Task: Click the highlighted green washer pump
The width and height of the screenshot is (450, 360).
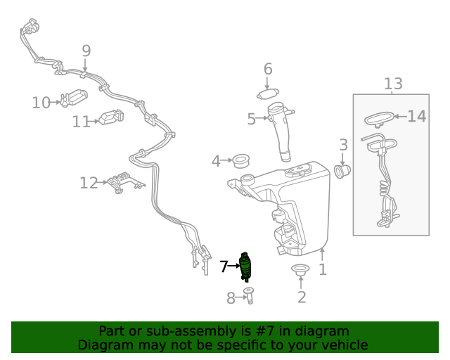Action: pyautogui.click(x=245, y=267)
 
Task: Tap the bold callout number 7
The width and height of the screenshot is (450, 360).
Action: pyautogui.click(x=224, y=266)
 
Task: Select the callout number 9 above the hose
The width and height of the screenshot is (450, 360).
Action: pyautogui.click(x=86, y=51)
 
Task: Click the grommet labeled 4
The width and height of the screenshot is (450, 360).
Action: pyautogui.click(x=240, y=161)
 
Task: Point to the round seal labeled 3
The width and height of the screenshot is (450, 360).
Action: pyautogui.click(x=342, y=171)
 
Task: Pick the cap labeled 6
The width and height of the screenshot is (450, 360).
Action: pyautogui.click(x=268, y=94)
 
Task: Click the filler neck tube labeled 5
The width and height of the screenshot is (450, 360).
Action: pyautogui.click(x=280, y=131)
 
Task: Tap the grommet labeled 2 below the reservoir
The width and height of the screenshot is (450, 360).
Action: pyautogui.click(x=300, y=269)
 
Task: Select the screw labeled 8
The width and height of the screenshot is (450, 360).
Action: pyautogui.click(x=248, y=295)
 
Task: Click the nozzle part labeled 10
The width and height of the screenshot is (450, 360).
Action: pyautogui.click(x=74, y=98)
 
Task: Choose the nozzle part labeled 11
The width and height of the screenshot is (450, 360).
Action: pyautogui.click(x=111, y=117)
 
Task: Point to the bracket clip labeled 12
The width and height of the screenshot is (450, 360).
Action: pyautogui.click(x=125, y=182)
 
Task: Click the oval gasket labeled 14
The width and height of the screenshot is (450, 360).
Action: pyautogui.click(x=379, y=119)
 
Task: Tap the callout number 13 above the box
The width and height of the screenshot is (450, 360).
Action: pyautogui.click(x=393, y=84)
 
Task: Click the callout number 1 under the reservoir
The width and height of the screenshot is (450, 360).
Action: pyautogui.click(x=323, y=269)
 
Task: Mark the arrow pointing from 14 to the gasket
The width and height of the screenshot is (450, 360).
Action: pyautogui.click(x=401, y=117)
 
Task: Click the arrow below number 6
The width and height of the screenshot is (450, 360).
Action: pyautogui.click(x=267, y=83)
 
